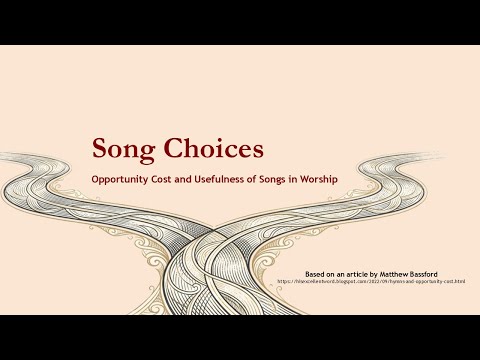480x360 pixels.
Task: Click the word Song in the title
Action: coord(127,150)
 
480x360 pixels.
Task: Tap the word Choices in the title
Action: coord(215,148)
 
